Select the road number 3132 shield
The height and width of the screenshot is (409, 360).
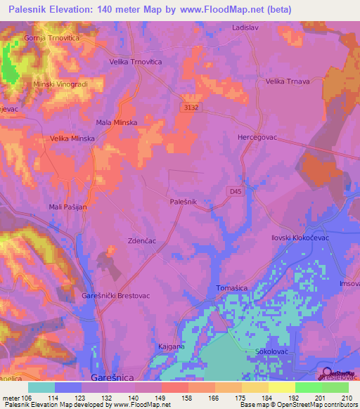pos(188,107)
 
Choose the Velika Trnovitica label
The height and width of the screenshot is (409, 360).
pos(136,62)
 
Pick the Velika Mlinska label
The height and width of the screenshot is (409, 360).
pos(72,139)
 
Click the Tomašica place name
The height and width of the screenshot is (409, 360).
pos(231,287)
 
